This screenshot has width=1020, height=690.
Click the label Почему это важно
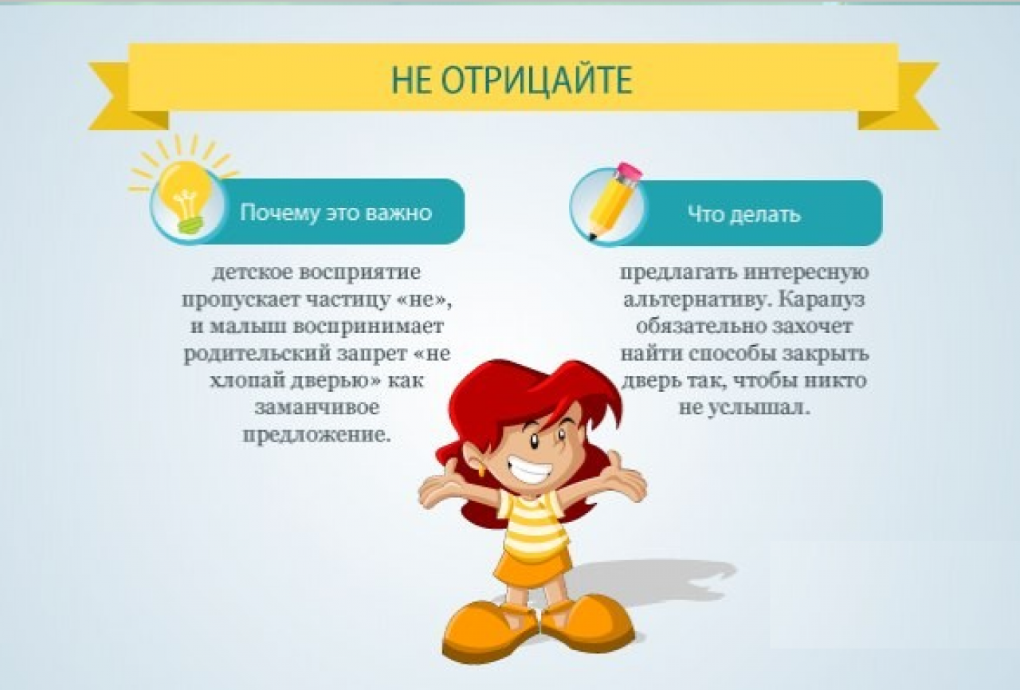(x=336, y=213)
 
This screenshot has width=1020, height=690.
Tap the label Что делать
(x=744, y=214)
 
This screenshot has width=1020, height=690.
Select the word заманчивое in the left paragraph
(x=317, y=407)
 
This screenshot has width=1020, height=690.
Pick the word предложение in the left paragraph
(x=317, y=435)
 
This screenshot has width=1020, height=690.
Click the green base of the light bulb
(x=190, y=226)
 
